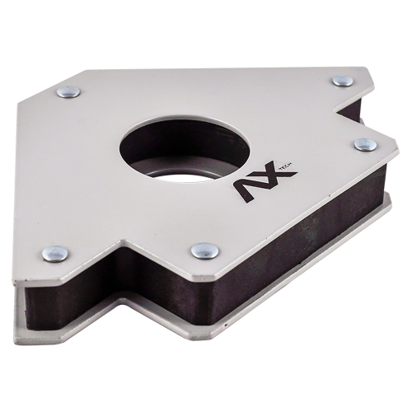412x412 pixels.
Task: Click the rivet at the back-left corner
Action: point(68,92)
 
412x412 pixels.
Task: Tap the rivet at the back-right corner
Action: point(343,81)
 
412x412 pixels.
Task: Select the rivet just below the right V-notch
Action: point(365,144)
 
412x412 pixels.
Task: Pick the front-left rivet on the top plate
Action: point(55,253)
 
